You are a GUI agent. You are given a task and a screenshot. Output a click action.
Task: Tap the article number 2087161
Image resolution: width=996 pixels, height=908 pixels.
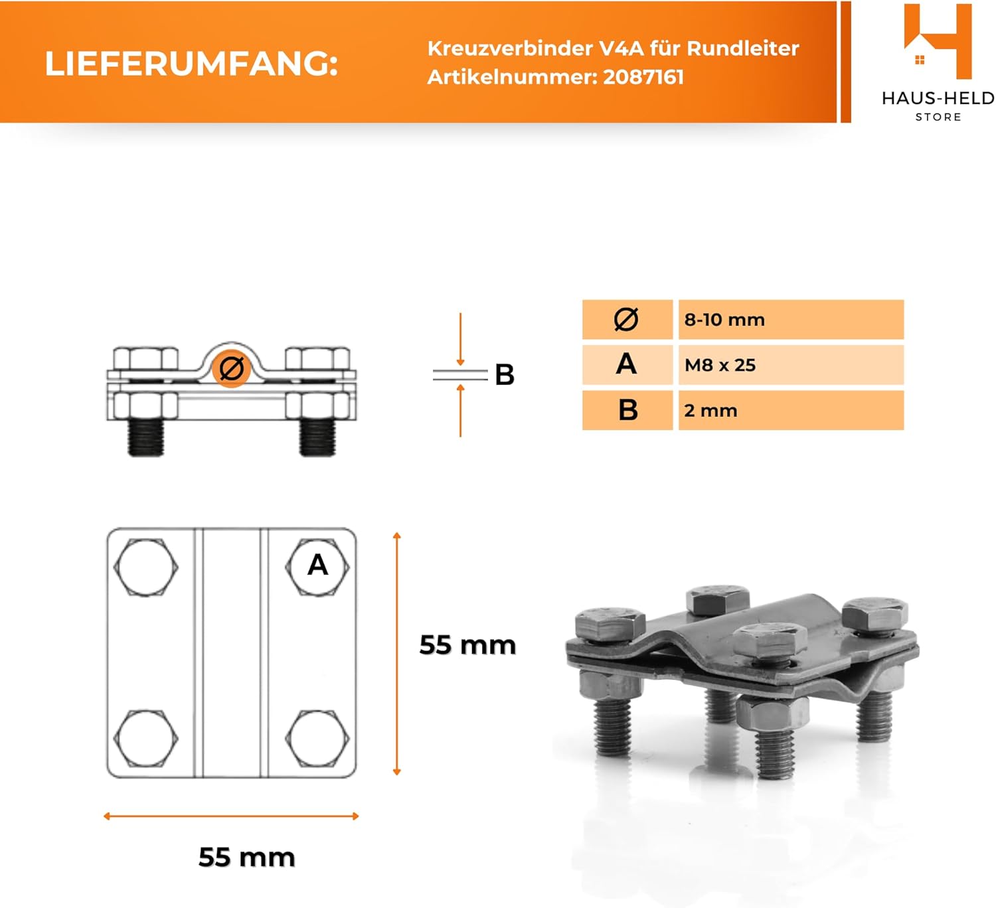[643, 77]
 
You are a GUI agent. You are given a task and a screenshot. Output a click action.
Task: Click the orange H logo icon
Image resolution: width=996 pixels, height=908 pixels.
[938, 41]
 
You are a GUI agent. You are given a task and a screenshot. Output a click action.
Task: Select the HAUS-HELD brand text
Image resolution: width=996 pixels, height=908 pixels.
[938, 98]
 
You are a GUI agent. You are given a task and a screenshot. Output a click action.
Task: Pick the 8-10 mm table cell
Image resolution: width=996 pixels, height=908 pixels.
[790, 320]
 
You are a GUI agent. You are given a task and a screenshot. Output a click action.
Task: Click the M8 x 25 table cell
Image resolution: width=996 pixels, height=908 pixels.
[790, 365]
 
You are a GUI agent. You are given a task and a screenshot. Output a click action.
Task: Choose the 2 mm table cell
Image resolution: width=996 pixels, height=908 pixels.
[790, 410]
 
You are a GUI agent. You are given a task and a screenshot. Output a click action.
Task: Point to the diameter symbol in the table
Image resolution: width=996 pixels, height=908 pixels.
[626, 319]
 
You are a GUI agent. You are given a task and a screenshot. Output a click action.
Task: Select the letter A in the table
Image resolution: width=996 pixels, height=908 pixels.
[626, 364]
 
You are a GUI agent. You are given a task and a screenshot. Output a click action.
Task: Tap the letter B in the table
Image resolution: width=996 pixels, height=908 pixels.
[627, 410]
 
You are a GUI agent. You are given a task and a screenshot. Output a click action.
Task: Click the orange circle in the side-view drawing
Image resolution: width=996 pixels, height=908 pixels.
[231, 369]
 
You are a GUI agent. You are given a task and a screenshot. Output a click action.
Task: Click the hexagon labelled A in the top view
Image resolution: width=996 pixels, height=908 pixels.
[317, 567]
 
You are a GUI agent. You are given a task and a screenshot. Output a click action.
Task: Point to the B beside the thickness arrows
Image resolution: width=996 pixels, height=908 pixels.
[505, 375]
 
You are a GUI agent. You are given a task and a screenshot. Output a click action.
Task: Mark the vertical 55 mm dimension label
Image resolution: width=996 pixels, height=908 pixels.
[467, 645]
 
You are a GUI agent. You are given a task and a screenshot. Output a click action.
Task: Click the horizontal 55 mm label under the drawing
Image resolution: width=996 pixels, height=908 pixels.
[247, 858]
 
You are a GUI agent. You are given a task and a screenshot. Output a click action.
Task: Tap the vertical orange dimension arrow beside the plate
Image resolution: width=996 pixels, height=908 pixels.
[396, 653]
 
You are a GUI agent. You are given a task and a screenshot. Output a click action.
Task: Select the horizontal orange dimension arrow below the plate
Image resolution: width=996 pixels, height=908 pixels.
[231, 816]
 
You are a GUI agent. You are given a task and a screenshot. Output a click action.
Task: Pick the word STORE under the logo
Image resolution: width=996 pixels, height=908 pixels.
[938, 117]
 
